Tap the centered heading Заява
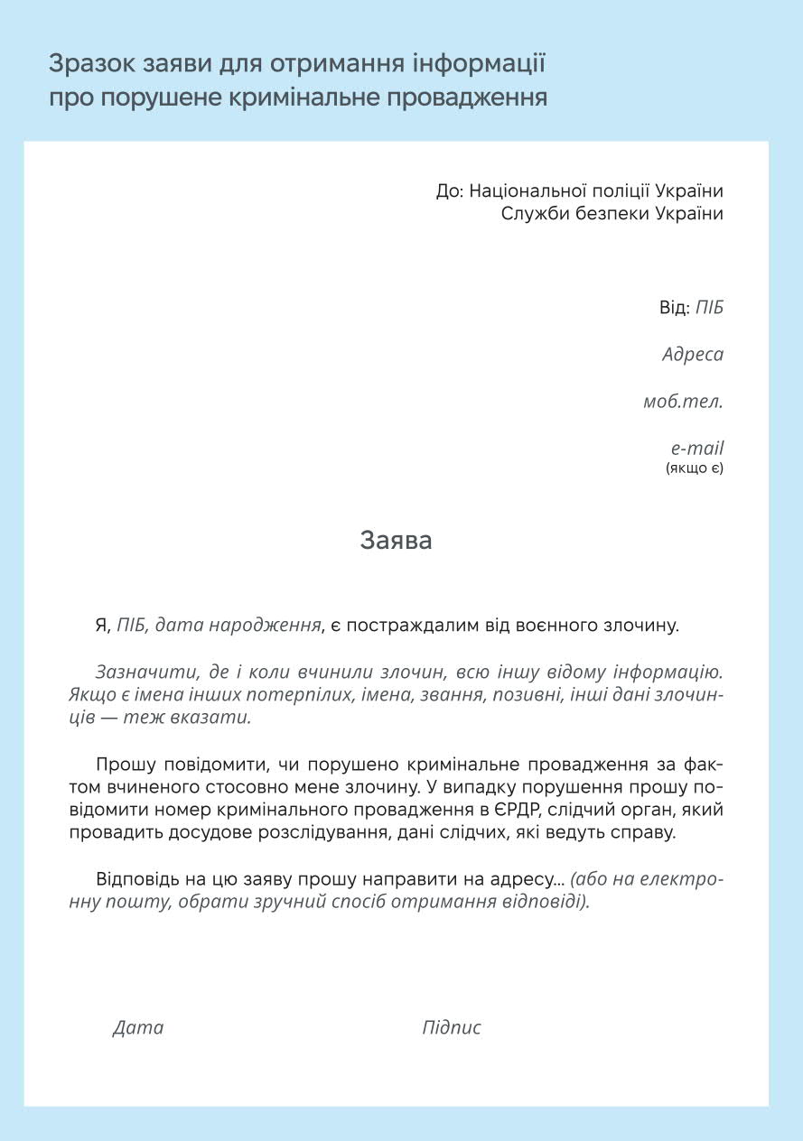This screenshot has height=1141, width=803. coord(396,540)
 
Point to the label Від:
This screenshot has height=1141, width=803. coord(674,307)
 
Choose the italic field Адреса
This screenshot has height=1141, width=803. coord(693,354)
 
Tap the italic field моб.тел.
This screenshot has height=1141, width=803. coord(683,401)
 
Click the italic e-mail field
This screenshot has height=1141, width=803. coord(696,448)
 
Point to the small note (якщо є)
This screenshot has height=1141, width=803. coord(695,468)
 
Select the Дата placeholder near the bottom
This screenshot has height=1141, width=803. coord(138,1027)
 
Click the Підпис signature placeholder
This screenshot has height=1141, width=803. coord(452,1027)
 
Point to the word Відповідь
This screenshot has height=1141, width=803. coord(135,878)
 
